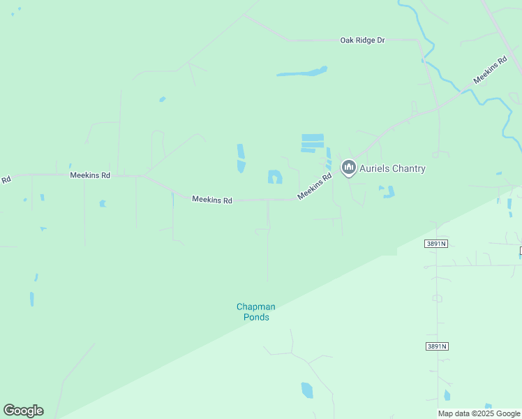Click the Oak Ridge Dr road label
tap(362, 41)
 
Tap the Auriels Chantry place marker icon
tap(348, 168)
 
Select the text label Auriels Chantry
tap(392, 168)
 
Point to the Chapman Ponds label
tap(255, 311)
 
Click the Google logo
tap(23, 411)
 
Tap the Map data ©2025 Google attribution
tap(479, 413)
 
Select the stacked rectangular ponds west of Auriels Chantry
tap(312, 142)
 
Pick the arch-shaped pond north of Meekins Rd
tap(275, 177)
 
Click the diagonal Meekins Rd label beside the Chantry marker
tap(314, 186)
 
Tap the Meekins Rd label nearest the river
tap(489, 71)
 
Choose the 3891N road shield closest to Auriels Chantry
tap(435, 243)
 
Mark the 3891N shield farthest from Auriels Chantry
tap(435, 346)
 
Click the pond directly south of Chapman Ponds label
tap(307, 390)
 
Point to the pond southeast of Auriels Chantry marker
tap(387, 191)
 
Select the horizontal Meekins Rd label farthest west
tap(90, 175)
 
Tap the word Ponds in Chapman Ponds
tap(256, 317)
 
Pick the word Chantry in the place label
tap(408, 168)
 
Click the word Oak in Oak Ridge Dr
tap(348, 41)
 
